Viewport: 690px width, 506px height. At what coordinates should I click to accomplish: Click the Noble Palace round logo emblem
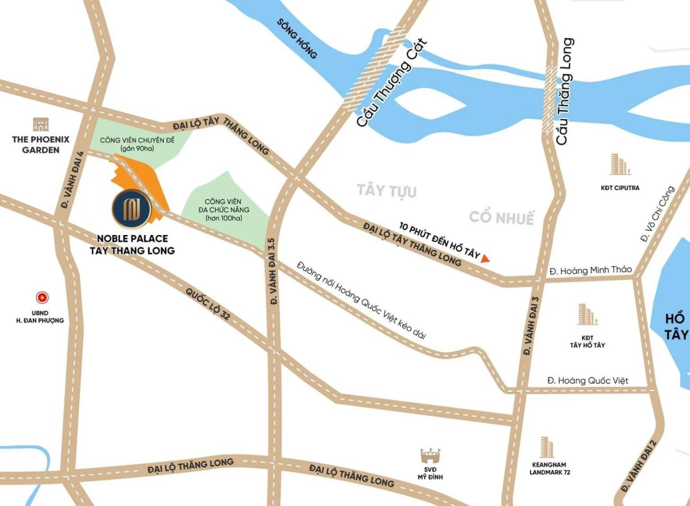131,209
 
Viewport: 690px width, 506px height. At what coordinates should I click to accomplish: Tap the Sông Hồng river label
297,39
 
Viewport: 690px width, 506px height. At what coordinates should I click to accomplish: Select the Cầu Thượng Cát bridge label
392,82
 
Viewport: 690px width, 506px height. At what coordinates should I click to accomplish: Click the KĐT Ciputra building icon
620,164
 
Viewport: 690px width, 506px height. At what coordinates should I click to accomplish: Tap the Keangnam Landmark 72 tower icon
546,448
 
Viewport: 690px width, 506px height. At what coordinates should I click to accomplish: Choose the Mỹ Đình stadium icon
430,455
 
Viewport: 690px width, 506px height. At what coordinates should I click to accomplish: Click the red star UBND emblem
42,297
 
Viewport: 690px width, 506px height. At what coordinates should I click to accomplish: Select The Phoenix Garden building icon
40,124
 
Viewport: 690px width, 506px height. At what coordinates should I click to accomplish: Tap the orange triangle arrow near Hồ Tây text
485,258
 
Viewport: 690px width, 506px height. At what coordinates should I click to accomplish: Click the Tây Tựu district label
387,191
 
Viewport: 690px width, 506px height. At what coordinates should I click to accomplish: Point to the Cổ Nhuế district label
502,218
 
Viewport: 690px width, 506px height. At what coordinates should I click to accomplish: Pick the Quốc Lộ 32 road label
208,304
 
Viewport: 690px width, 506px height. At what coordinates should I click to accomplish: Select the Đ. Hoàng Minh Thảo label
591,270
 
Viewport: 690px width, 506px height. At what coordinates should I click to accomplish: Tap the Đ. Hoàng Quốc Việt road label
588,381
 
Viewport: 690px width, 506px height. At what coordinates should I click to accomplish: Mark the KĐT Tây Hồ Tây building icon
587,315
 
